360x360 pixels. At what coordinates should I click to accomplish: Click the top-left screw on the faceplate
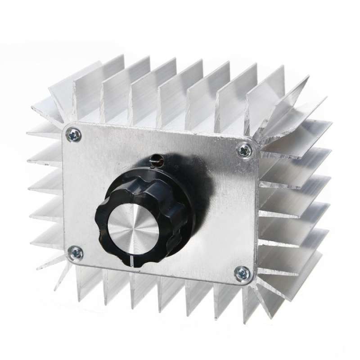(x=74, y=134)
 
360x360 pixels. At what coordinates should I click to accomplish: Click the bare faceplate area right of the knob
(x=225, y=216)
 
